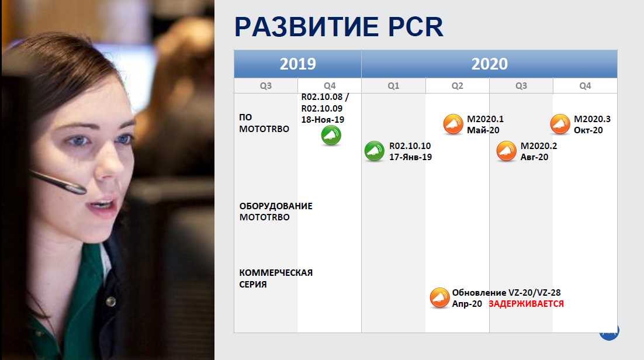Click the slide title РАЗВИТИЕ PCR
click(x=339, y=27)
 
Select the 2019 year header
click(x=298, y=64)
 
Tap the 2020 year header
click(x=489, y=64)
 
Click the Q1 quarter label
click(x=393, y=86)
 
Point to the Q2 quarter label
click(x=457, y=86)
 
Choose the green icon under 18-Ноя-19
click(x=331, y=135)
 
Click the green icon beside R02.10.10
click(x=375, y=151)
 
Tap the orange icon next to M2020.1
click(x=453, y=124)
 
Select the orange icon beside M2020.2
click(x=507, y=151)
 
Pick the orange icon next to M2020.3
click(x=560, y=124)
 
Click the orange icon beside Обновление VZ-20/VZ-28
click(x=439, y=297)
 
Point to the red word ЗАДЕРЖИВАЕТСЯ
click(x=526, y=304)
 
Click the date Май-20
click(x=483, y=130)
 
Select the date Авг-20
click(x=534, y=157)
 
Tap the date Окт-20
click(x=588, y=130)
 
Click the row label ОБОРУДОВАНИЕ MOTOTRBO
click(x=276, y=212)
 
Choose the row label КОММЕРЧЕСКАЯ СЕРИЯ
click(x=276, y=278)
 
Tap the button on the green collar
click(x=110, y=302)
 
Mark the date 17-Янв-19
click(x=410, y=157)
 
